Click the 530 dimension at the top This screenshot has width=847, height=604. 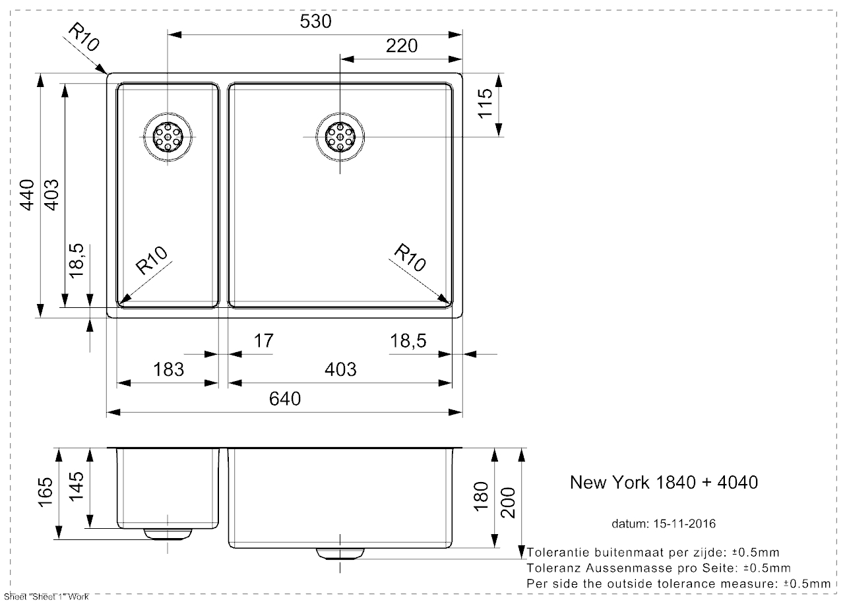pos(315,22)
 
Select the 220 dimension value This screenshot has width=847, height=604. pos(402,45)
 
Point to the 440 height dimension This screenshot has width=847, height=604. pos(26,195)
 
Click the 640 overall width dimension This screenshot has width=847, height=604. pos(285,399)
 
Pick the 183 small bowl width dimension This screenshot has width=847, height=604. pos(169,369)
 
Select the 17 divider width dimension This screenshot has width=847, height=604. pos(263,341)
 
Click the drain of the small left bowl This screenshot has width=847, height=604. pos(168,136)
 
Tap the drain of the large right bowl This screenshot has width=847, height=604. pos(340,136)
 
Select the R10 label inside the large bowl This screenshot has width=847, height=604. pos(410,257)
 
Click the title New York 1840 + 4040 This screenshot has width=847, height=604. pos(663,483)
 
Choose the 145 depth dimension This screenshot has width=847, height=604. pos(77,488)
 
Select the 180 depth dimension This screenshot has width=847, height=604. pos(481,496)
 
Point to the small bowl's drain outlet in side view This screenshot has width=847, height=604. pos(168,533)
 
